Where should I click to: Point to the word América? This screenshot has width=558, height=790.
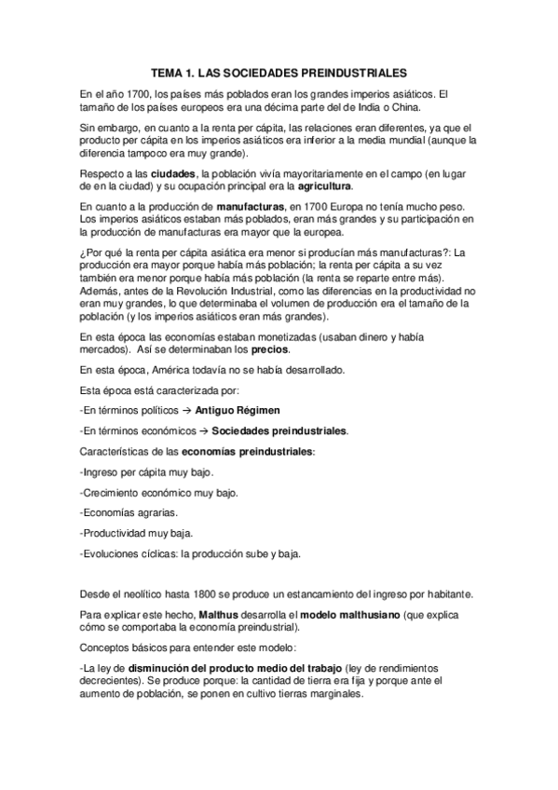[174, 370]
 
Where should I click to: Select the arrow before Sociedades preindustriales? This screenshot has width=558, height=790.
[201, 431]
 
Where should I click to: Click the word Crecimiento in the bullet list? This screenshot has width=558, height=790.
[115, 492]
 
